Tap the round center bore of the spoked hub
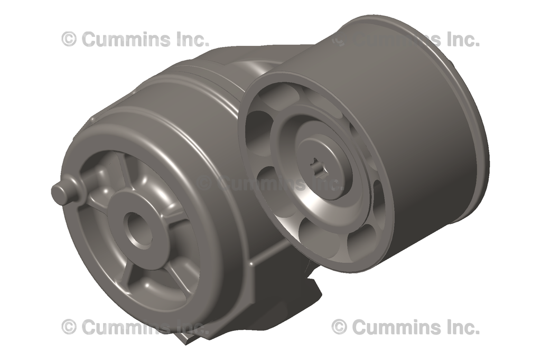pyautogui.click(x=139, y=228)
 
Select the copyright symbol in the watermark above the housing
pyautogui.click(x=69, y=39)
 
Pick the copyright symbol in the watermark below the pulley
pyautogui.click(x=339, y=327)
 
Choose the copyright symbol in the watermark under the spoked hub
pyautogui.click(x=69, y=327)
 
